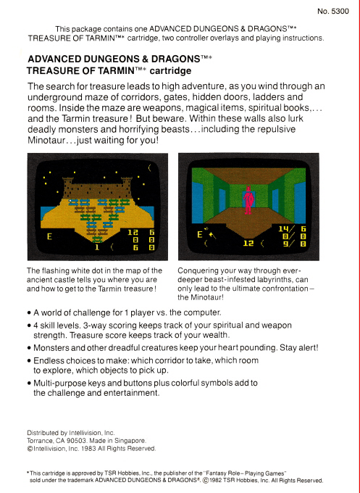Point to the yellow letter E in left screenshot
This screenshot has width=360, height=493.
click(x=49, y=236)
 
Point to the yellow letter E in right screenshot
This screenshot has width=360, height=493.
click(x=199, y=235)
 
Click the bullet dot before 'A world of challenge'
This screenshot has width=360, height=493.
click(x=29, y=314)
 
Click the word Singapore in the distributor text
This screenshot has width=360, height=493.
click(x=132, y=441)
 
